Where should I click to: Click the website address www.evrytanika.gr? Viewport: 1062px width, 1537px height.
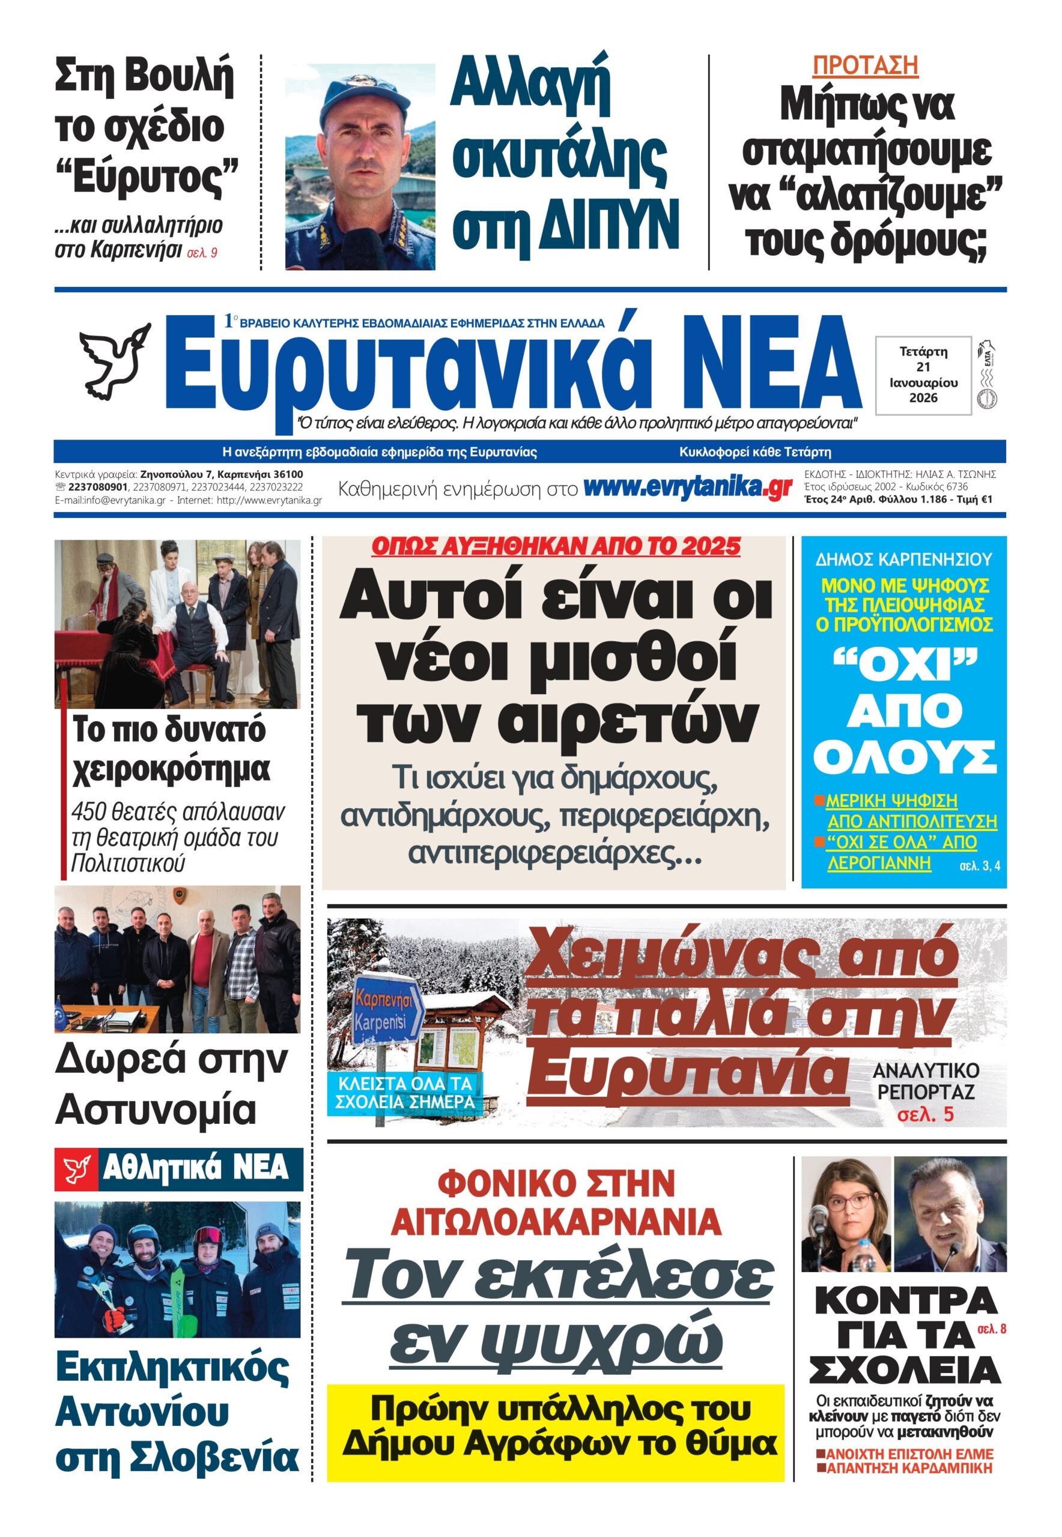(687, 488)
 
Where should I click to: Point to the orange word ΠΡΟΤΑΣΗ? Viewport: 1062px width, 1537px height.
(865, 65)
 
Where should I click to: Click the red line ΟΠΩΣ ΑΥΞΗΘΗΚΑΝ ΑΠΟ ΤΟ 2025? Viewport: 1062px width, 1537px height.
(555, 547)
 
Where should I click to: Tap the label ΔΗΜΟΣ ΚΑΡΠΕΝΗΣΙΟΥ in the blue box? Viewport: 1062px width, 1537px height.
(903, 560)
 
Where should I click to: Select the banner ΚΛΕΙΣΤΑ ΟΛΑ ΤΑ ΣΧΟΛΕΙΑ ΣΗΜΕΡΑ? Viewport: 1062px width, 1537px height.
(405, 1093)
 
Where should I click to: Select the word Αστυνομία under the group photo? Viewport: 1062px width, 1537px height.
(156, 1110)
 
